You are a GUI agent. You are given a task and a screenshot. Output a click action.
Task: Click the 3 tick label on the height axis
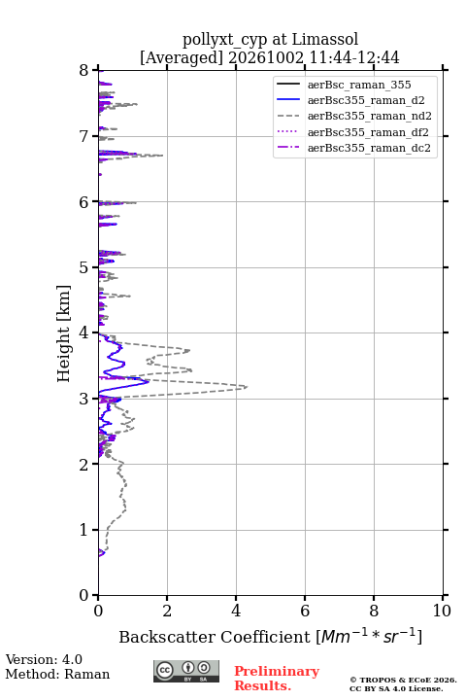click(84, 399)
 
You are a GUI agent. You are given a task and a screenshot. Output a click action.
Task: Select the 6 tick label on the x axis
click(305, 611)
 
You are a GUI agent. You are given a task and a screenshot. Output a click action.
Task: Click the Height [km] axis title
click(63, 333)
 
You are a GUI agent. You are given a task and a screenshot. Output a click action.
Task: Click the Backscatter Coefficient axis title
click(270, 636)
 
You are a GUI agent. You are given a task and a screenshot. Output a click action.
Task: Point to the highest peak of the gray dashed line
click(247, 387)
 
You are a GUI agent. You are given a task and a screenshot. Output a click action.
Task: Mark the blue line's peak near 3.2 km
click(149, 382)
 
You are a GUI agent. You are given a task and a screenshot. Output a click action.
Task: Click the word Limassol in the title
click(325, 40)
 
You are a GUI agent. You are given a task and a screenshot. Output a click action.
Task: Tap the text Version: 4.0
click(44, 659)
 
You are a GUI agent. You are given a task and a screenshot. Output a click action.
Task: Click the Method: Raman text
click(57, 674)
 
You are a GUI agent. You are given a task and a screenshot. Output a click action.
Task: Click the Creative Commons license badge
click(186, 671)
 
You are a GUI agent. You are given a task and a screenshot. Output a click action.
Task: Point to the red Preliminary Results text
click(277, 679)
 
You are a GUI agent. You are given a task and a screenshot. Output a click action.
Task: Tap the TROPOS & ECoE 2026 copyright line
click(403, 680)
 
